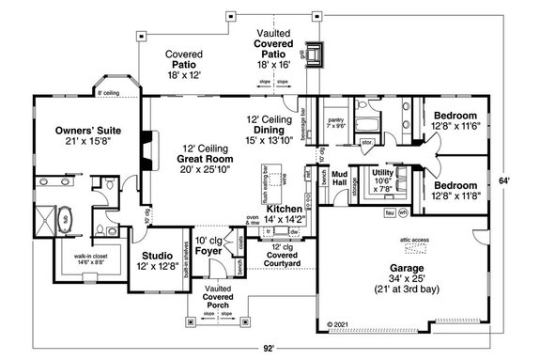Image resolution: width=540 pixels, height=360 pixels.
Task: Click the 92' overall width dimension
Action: click(x=270, y=348)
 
